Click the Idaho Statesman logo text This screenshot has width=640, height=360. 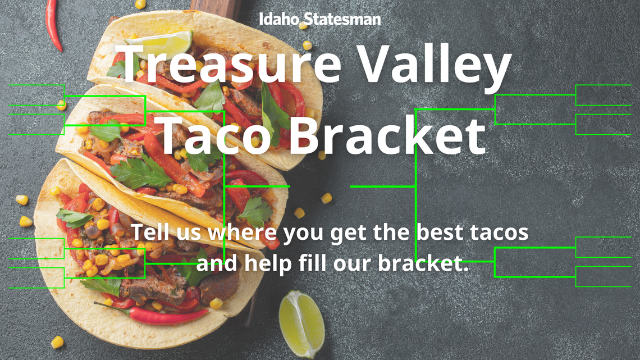pyautogui.click(x=319, y=19)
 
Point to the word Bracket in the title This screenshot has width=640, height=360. pyautogui.click(x=387, y=135)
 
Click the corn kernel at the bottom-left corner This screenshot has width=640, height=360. pyautogui.click(x=57, y=341)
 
